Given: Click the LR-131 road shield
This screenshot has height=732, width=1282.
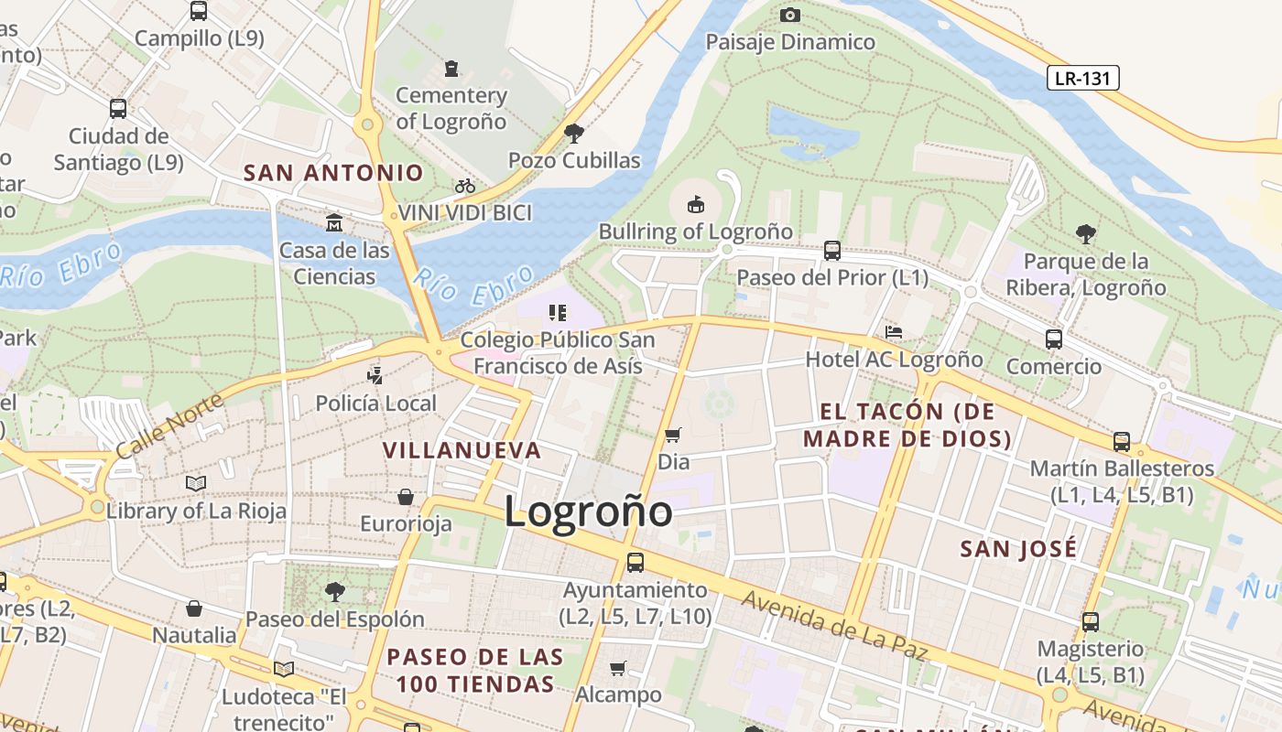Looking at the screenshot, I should tap(1082, 79).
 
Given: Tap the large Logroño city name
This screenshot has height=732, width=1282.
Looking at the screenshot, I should tap(588, 511).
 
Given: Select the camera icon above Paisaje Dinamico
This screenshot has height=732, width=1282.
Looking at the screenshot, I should tap(790, 15).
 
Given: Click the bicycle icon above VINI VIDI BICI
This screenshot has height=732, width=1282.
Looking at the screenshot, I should tap(465, 186).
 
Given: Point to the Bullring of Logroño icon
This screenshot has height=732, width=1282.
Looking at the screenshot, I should tap(696, 203).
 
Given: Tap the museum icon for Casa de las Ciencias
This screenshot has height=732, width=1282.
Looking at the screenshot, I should tap(334, 222).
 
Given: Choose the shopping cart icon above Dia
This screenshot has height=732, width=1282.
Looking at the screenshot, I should tap(673, 435).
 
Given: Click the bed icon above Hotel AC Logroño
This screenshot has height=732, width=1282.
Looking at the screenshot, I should tap(894, 331).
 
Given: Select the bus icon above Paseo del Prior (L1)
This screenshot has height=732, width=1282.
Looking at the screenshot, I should tap(832, 250).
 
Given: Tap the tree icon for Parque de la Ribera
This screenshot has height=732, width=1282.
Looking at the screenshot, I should tap(1086, 233).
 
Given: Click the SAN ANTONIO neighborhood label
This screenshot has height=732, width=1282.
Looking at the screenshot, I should tap(333, 172).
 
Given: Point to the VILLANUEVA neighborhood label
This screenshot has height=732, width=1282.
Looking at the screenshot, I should tap(462, 450).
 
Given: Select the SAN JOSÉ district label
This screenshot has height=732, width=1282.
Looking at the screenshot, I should tap(1018, 549).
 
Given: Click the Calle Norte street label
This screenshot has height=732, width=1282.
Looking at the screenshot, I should tap(169, 427).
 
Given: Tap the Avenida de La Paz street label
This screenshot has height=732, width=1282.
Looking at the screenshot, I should tap(834, 627).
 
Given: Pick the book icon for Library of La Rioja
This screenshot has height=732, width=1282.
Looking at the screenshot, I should tap(196, 483).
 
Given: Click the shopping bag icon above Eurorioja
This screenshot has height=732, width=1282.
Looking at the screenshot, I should tap(406, 497).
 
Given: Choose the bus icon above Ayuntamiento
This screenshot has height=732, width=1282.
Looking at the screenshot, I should tap(636, 563).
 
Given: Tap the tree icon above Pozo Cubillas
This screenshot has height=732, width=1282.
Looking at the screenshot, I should tap(574, 134).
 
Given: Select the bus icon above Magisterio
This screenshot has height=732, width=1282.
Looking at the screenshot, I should tap(1091, 622).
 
